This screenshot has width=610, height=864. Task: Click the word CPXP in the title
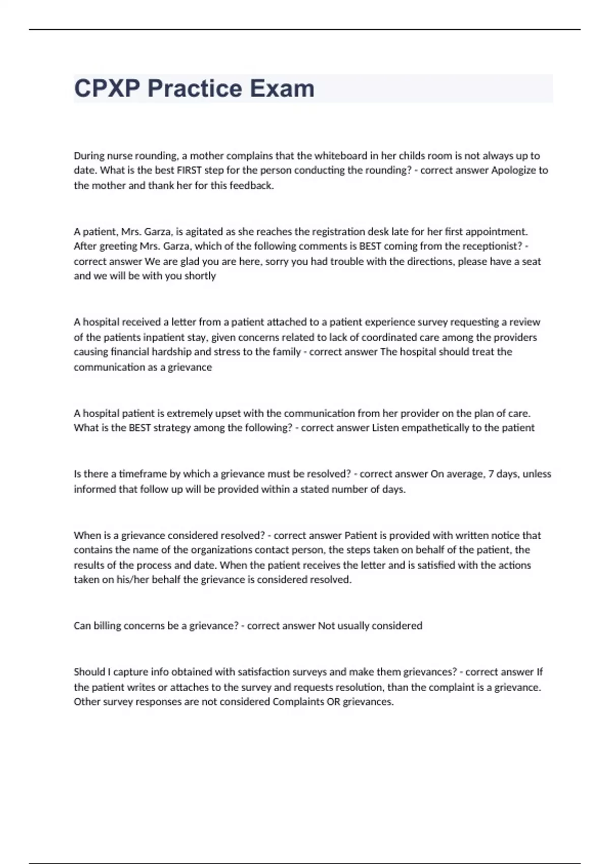point(107,88)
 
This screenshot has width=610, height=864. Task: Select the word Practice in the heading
point(195,88)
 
